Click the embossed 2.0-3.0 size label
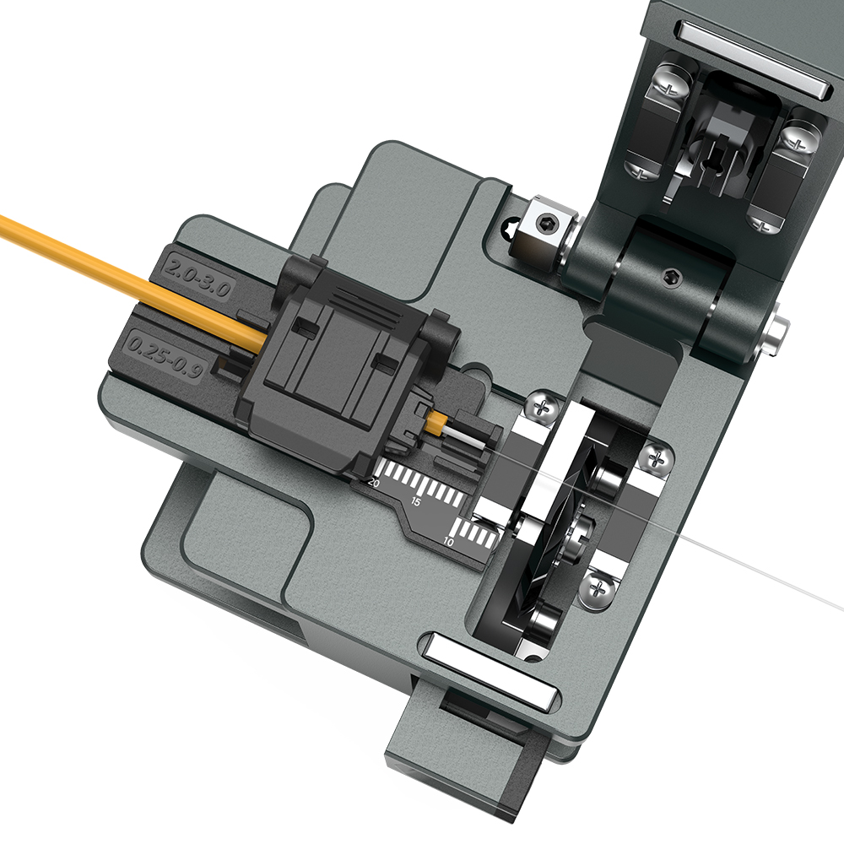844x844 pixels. point(197,277)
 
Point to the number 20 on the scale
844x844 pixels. point(374,483)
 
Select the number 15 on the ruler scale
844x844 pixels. point(415,502)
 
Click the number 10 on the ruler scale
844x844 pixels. point(449,542)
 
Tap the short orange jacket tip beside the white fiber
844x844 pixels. point(436,422)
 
